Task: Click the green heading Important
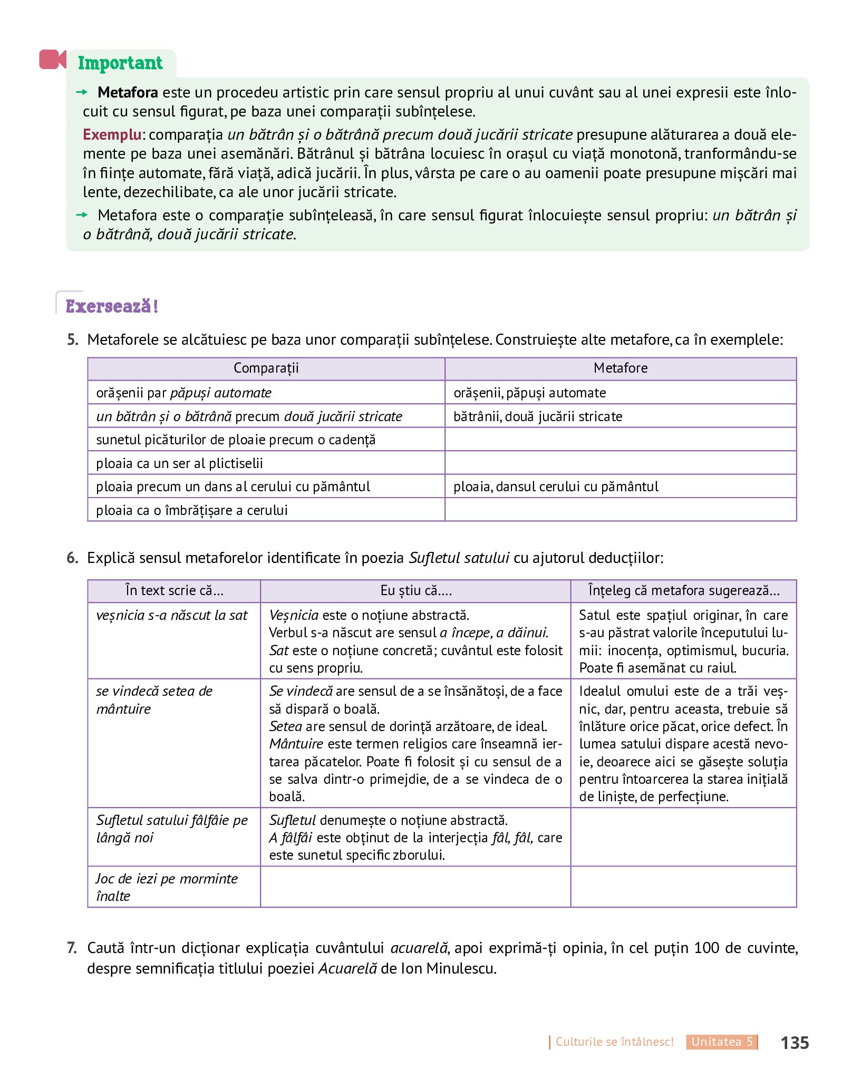pyautogui.click(x=120, y=63)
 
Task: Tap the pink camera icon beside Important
pyautogui.click(x=52, y=59)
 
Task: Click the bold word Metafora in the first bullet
pyautogui.click(x=128, y=92)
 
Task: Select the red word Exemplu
pyautogui.click(x=112, y=134)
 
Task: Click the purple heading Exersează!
pyautogui.click(x=112, y=306)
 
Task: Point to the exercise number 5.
pyautogui.click(x=73, y=339)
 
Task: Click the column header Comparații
pyautogui.click(x=266, y=368)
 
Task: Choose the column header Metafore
pyautogui.click(x=620, y=368)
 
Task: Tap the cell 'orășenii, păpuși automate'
pyautogui.click(x=529, y=393)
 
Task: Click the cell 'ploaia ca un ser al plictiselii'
pyautogui.click(x=179, y=463)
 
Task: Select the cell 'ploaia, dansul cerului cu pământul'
pyautogui.click(x=556, y=487)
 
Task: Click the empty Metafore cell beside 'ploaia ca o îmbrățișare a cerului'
pyautogui.click(x=620, y=510)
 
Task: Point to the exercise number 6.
pyautogui.click(x=73, y=558)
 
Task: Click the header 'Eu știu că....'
pyautogui.click(x=415, y=590)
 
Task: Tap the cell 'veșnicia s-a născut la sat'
pyautogui.click(x=172, y=615)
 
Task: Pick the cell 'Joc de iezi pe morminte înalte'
pyautogui.click(x=167, y=887)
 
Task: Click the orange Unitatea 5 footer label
pyautogui.click(x=721, y=1042)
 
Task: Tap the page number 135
pyautogui.click(x=794, y=1043)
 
